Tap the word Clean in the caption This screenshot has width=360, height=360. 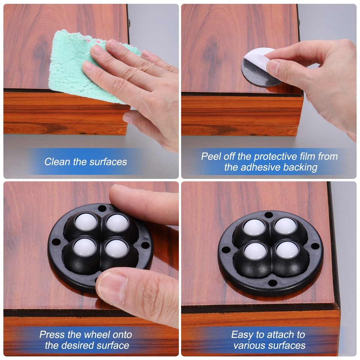57,162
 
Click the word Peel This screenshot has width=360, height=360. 211,156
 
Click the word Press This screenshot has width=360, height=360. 52,334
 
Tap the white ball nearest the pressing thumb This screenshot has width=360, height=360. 116,249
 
